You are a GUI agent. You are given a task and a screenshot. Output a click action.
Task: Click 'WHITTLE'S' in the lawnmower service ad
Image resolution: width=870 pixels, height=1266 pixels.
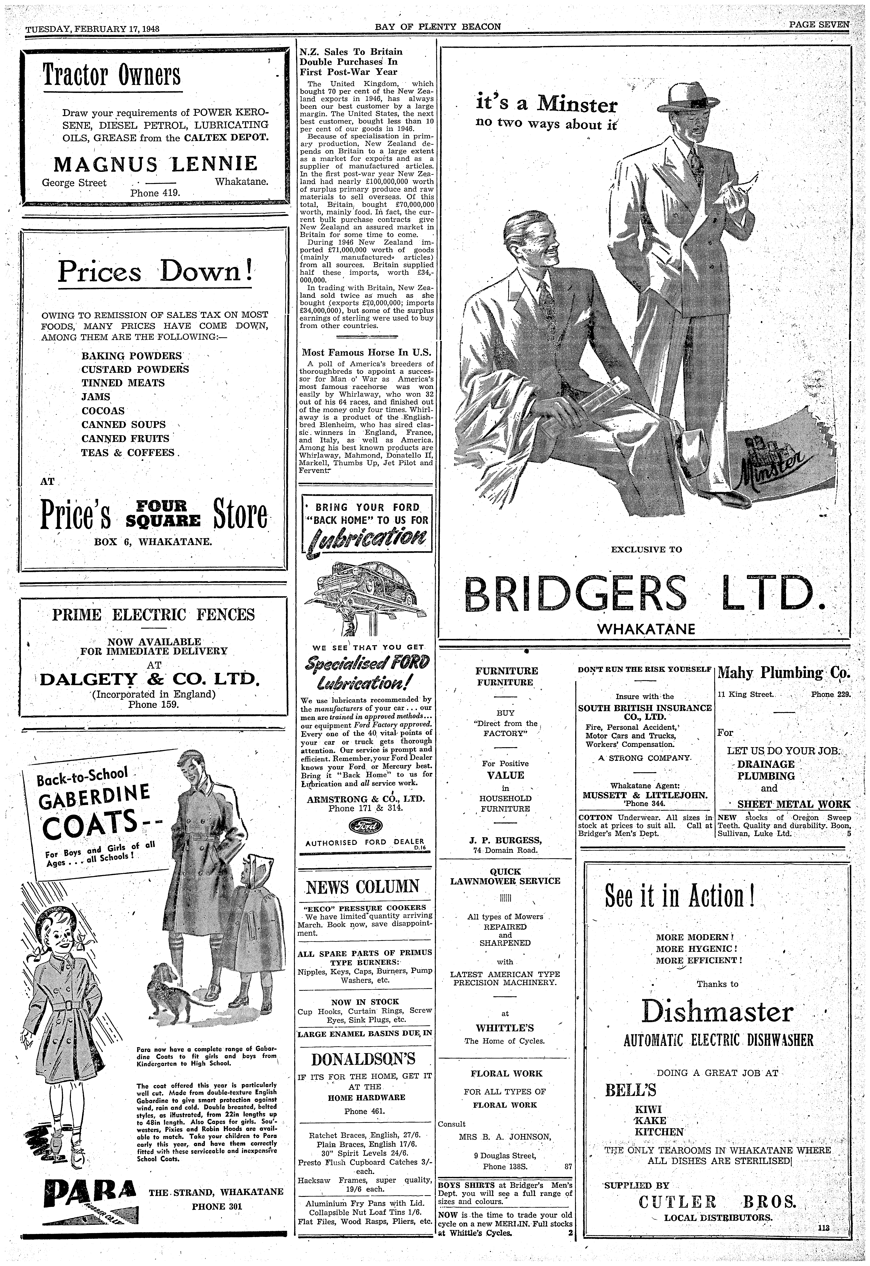504,1028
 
